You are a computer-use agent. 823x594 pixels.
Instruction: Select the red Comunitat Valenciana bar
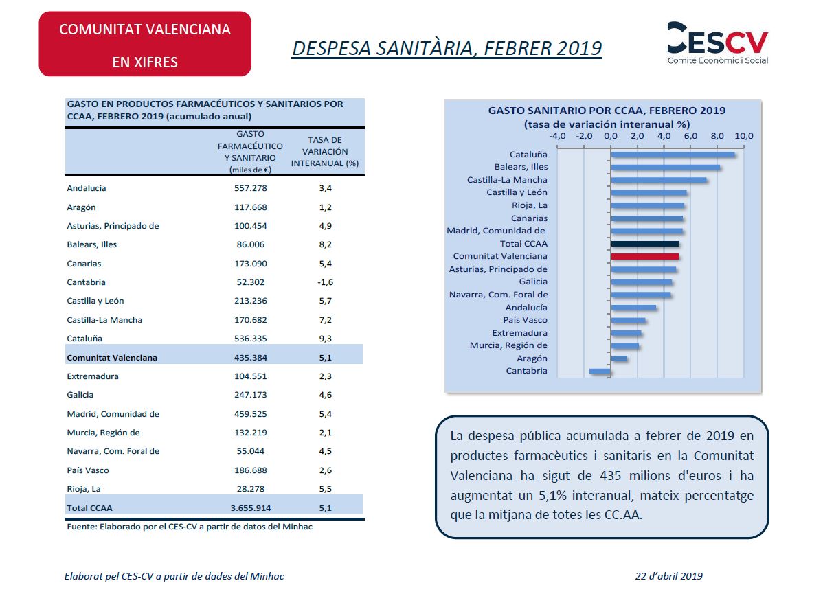(x=644, y=257)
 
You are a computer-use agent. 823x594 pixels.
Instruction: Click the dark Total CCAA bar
(x=644, y=244)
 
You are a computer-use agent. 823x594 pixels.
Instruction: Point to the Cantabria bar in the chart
(x=600, y=372)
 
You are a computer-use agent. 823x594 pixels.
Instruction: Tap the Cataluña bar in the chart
(x=673, y=155)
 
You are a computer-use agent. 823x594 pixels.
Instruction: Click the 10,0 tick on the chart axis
(x=744, y=136)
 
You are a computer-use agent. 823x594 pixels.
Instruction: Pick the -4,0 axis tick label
(x=557, y=136)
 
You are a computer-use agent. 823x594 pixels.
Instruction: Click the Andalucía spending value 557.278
(x=250, y=188)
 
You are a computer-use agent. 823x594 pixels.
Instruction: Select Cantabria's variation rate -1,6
(x=325, y=282)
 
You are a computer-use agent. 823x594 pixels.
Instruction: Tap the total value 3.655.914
(x=250, y=508)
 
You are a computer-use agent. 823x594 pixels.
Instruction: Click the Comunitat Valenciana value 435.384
(x=250, y=358)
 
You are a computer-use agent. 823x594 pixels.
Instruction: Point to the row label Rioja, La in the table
(x=83, y=489)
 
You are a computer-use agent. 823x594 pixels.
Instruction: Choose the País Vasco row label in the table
(x=88, y=470)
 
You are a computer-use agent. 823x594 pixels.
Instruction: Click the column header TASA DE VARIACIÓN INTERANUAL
(x=325, y=152)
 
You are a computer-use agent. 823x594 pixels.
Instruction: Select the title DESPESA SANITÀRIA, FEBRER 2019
(x=447, y=48)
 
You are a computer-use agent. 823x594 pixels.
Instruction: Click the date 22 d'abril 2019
(x=668, y=576)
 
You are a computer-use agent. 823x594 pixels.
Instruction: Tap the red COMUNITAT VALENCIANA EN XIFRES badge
(x=145, y=44)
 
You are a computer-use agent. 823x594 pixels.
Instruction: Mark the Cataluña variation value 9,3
(x=325, y=339)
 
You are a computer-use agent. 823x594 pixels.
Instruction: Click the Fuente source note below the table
(x=190, y=527)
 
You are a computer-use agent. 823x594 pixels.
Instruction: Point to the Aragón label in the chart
(x=532, y=358)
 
